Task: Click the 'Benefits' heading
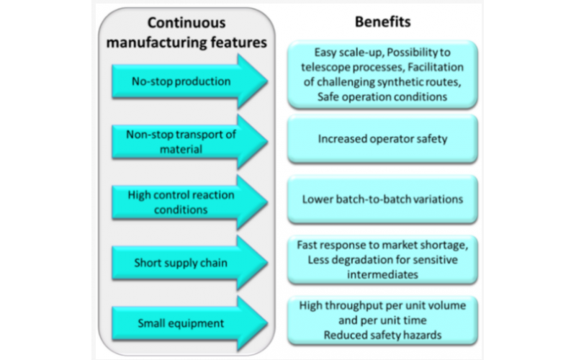point(382,22)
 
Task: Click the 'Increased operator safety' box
point(382,139)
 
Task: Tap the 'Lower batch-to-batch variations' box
point(382,199)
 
